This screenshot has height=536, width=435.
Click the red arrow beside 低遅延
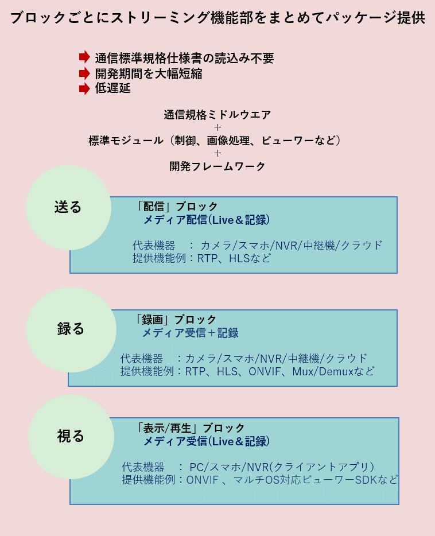(84, 88)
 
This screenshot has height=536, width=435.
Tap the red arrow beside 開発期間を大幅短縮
(84, 73)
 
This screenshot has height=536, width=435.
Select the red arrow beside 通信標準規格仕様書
(84, 57)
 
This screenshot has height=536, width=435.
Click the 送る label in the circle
(68, 207)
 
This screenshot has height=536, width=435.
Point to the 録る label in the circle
(71, 328)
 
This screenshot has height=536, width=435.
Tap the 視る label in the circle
(71, 436)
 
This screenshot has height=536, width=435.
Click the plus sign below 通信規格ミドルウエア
(218, 127)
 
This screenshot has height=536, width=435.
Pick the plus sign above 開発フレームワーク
(218, 153)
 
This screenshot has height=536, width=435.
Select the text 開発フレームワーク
(218, 166)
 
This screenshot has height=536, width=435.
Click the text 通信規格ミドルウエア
(218, 115)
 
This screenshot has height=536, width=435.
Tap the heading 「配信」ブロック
(176, 207)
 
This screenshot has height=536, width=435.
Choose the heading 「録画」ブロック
(175, 320)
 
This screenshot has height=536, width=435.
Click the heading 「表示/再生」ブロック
(190, 428)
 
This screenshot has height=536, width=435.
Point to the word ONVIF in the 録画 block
(265, 371)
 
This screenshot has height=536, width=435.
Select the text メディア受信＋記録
(191, 333)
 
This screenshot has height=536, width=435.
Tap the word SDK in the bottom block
(366, 480)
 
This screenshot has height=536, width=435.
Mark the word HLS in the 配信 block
(239, 258)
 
